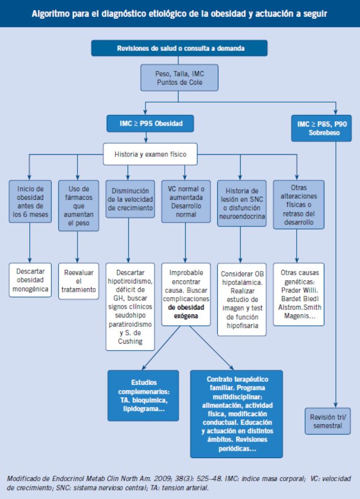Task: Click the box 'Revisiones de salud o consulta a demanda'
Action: tap(179, 48)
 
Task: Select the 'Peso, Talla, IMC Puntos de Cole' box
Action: tap(179, 77)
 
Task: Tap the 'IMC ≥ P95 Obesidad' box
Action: tap(150, 123)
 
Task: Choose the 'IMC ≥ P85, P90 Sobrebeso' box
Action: tap(321, 128)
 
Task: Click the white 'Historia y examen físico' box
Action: tap(150, 154)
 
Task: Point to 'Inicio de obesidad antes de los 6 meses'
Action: tap(30, 201)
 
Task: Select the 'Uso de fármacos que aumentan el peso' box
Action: tap(78, 206)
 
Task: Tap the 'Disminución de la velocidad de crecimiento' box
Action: tap(130, 199)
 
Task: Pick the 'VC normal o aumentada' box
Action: tap(186, 201)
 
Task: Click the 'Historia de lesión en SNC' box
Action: tap(242, 203)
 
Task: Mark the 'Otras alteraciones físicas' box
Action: tap(299, 205)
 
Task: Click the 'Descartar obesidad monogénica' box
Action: tap(30, 280)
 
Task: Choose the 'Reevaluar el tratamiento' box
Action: tap(78, 281)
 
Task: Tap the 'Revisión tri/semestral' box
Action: tap(328, 421)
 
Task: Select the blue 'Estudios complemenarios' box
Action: tap(143, 395)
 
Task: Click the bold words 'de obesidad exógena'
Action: tap(186, 312)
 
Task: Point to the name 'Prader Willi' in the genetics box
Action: tap(299, 290)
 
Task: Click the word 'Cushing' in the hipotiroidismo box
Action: tap(130, 341)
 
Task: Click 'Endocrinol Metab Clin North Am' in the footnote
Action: tap(98, 479)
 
